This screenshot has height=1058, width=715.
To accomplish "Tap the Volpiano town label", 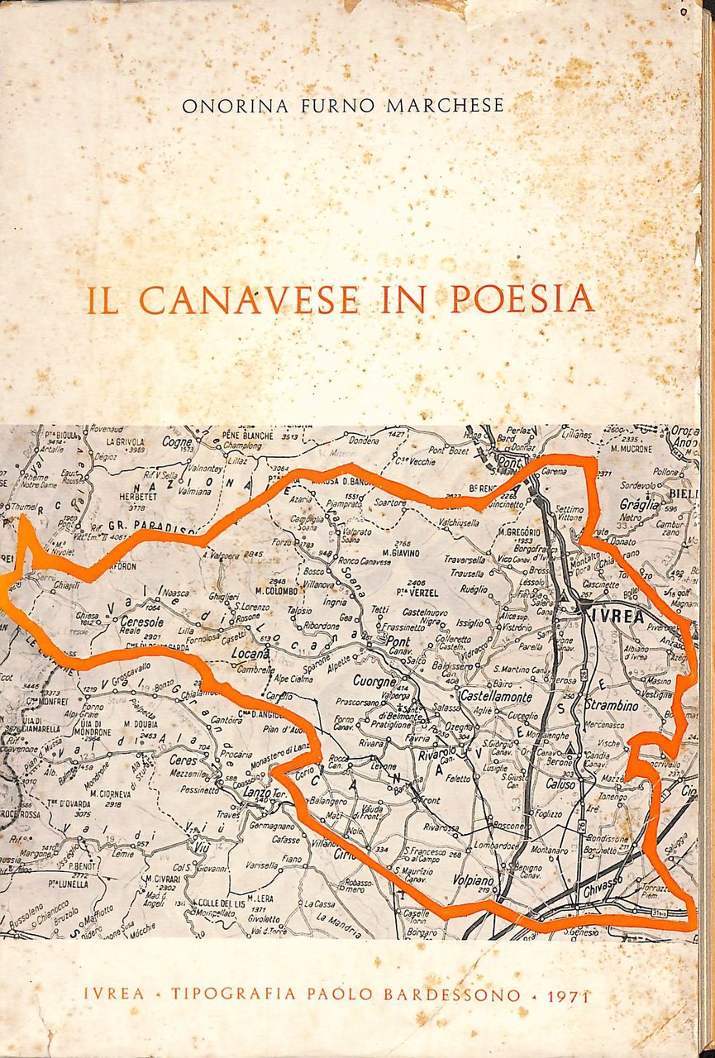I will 473,881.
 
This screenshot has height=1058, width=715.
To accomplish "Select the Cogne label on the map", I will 177,443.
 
